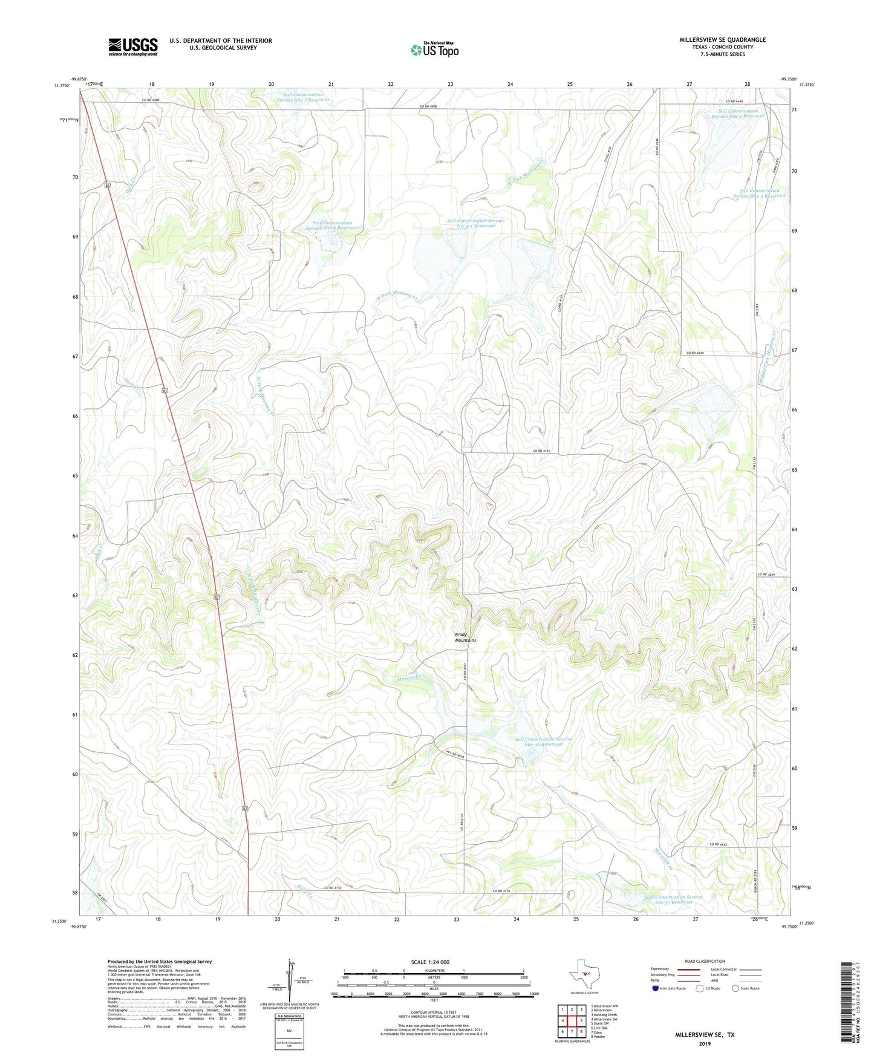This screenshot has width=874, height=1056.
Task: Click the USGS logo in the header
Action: pyautogui.click(x=133, y=47)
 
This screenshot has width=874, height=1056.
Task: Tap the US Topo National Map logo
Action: pyautogui.click(x=434, y=50)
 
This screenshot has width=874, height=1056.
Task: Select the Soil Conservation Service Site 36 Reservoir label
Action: pyautogui.click(x=543, y=741)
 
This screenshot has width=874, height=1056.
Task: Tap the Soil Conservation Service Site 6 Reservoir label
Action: pyautogui.click(x=332, y=226)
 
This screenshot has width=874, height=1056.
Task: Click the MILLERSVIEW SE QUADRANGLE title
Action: pyautogui.click(x=722, y=40)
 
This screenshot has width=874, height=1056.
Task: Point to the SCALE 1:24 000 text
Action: pyautogui.click(x=429, y=962)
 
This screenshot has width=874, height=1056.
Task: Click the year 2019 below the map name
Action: pyautogui.click(x=705, y=1044)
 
